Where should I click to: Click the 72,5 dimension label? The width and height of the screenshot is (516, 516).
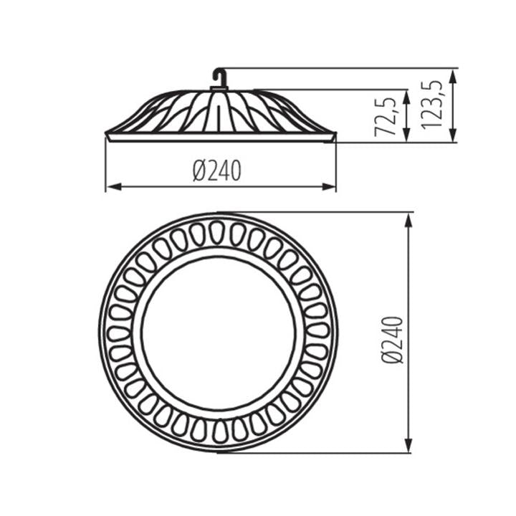click(386, 117)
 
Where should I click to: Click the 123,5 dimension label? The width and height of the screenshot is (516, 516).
click(431, 105)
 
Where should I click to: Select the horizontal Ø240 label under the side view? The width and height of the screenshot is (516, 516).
click(217, 171)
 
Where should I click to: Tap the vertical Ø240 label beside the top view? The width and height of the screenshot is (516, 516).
click(393, 340)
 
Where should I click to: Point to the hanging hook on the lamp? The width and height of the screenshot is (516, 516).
click(219, 77)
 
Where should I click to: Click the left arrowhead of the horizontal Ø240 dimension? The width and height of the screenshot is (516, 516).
click(114, 187)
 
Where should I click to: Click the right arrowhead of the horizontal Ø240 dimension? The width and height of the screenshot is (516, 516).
click(329, 187)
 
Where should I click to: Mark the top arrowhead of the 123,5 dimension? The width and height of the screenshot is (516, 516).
click(454, 77)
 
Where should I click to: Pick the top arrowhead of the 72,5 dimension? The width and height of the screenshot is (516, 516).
click(407, 97)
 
